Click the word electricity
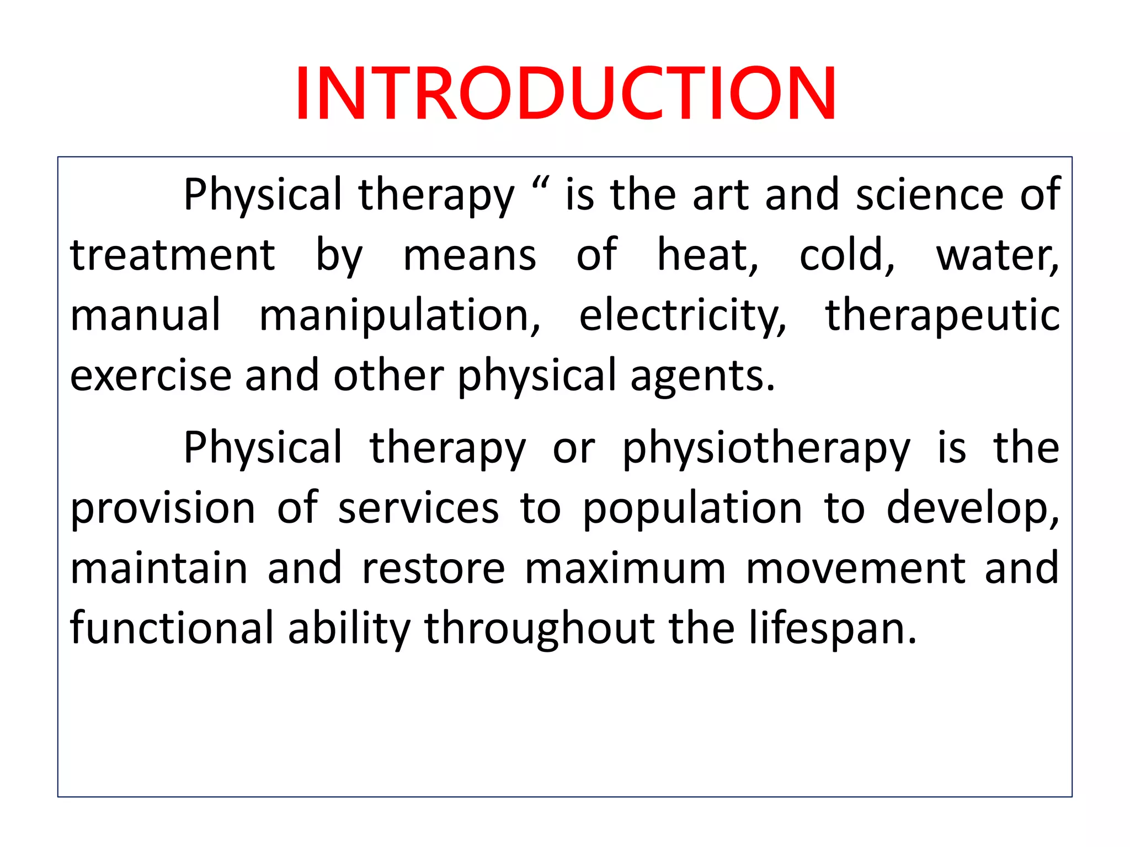[682, 316]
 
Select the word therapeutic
[942, 316]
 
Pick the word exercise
[151, 376]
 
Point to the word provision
[163, 508]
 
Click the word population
[692, 508]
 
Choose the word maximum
[625, 569]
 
